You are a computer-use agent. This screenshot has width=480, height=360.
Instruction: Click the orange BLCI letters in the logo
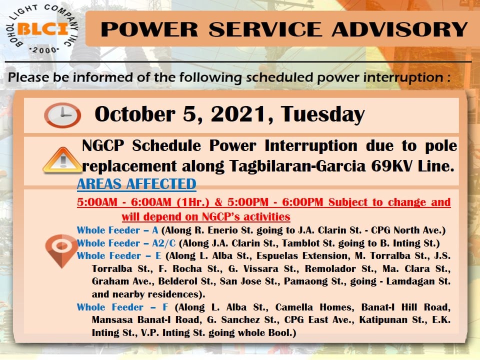click(43, 29)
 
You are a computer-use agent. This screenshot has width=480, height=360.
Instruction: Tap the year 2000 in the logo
click(44, 50)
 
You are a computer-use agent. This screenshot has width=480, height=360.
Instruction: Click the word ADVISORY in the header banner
click(399, 29)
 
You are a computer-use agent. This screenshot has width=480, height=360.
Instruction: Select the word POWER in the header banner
click(149, 29)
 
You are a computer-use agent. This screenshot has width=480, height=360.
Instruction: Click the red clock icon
click(62, 115)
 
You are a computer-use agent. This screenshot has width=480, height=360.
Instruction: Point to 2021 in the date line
click(238, 114)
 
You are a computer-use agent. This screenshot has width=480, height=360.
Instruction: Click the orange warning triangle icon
click(62, 160)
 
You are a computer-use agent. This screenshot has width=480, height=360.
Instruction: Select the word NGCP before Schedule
click(103, 145)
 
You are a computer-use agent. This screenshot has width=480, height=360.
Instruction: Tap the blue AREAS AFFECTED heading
click(136, 184)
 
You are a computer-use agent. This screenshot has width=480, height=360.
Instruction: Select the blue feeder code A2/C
click(164, 243)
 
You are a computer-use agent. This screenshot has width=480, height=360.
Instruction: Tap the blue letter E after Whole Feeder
click(158, 256)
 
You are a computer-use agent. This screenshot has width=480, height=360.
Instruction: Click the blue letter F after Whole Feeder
click(165, 307)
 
